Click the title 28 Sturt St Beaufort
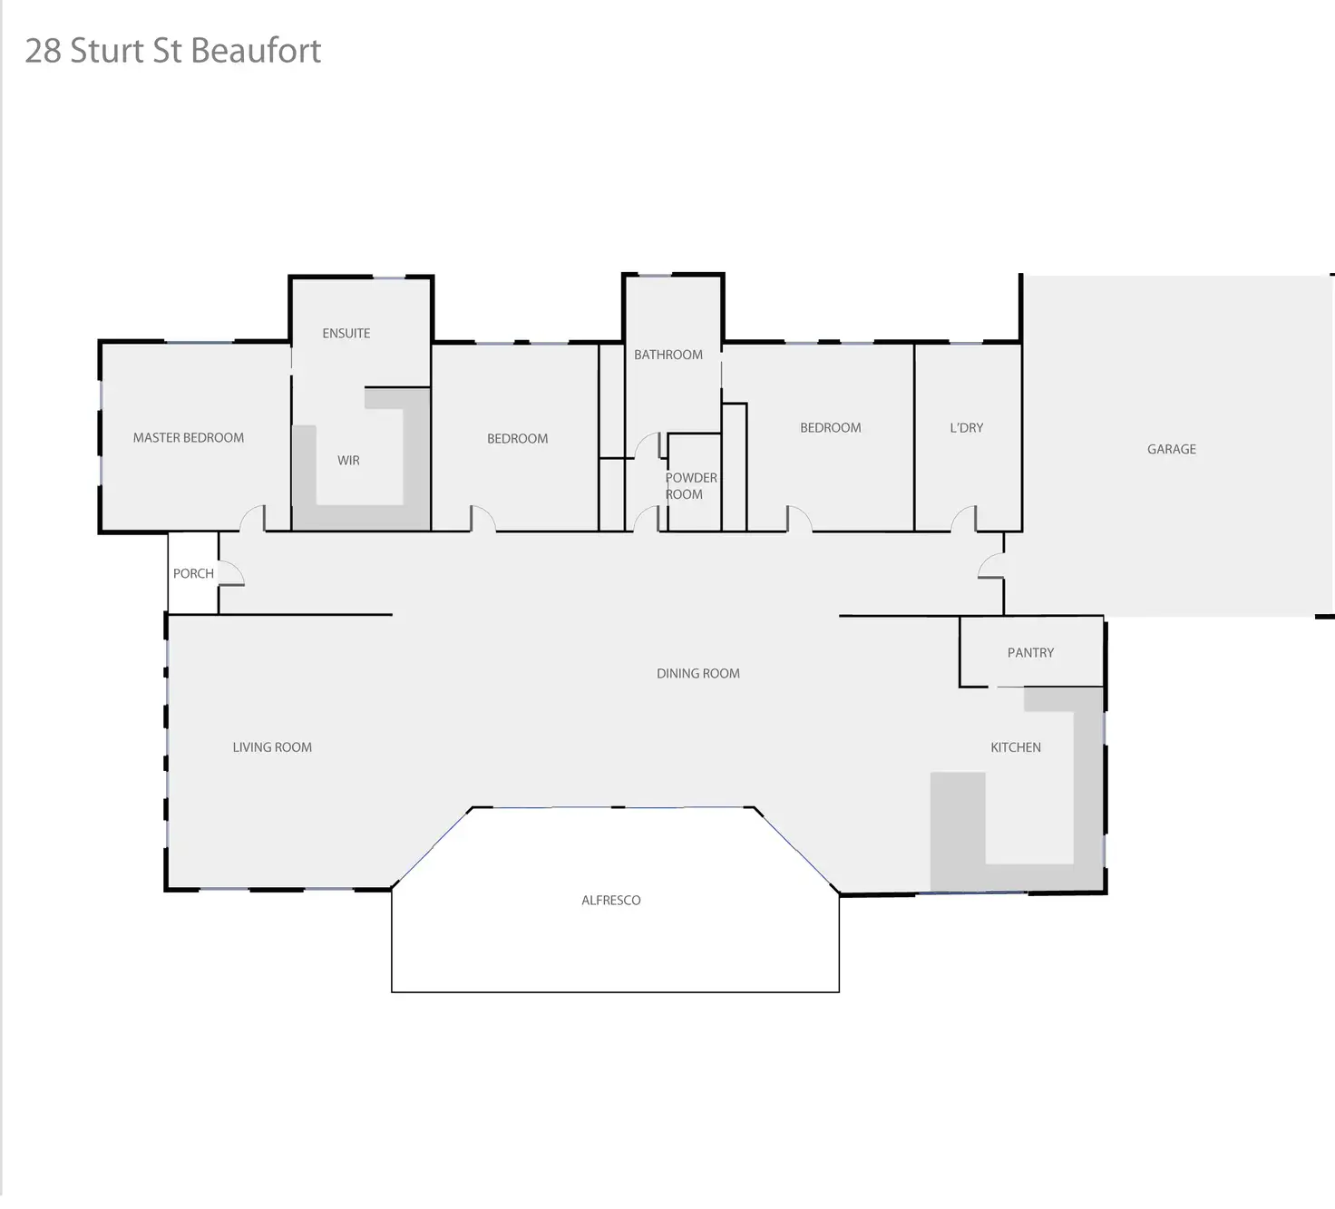coord(172,51)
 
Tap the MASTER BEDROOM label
coord(189,438)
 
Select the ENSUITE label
coord(346,334)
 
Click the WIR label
coord(348,461)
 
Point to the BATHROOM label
coord(668,355)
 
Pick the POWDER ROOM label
coord(690,486)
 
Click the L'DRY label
coord(966,428)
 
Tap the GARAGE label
coord(1172,449)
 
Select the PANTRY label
coord(1030,653)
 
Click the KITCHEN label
coord(1016,747)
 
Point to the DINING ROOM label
coord(698,674)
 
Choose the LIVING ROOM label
coord(272,747)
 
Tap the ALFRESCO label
coord(611,901)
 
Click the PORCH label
coord(193,574)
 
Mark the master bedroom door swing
coord(252,519)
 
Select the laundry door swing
coord(963,519)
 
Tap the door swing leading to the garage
coord(991,566)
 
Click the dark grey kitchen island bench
coord(958,830)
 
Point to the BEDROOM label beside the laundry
coord(831,428)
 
